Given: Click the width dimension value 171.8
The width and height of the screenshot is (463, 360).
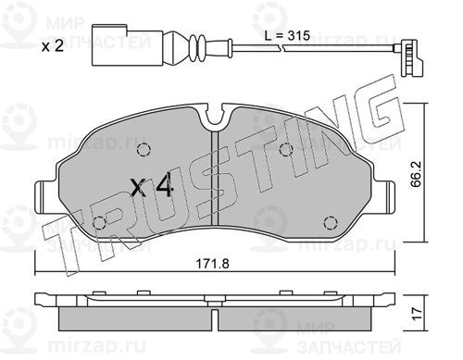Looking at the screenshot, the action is [213, 264].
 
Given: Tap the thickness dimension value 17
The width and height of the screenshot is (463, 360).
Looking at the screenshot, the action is [417, 314].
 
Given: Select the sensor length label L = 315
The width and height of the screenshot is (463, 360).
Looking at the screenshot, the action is [287, 36].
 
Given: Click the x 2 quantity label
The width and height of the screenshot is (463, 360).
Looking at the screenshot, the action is [53, 46].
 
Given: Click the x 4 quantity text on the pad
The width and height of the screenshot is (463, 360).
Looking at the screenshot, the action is [151, 187].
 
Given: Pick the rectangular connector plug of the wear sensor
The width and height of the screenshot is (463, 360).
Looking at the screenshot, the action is [127, 45].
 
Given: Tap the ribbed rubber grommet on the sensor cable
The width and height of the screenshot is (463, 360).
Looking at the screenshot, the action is [197, 48].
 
